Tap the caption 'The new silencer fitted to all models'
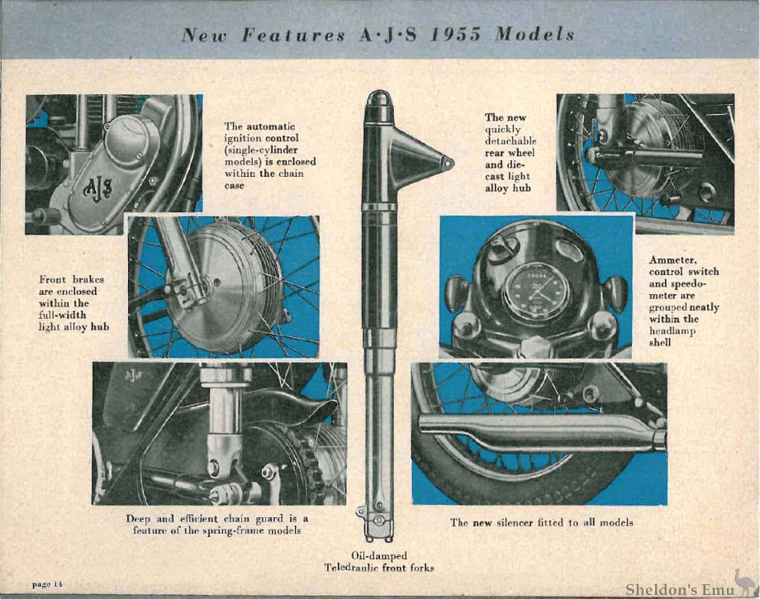tap(541, 522)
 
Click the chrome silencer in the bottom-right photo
tap(537, 430)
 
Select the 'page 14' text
tap(48, 584)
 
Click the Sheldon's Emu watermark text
tap(677, 588)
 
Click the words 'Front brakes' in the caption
tap(72, 279)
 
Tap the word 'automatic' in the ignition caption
tap(268, 126)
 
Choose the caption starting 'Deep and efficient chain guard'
tap(217, 524)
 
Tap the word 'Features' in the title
tap(288, 35)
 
